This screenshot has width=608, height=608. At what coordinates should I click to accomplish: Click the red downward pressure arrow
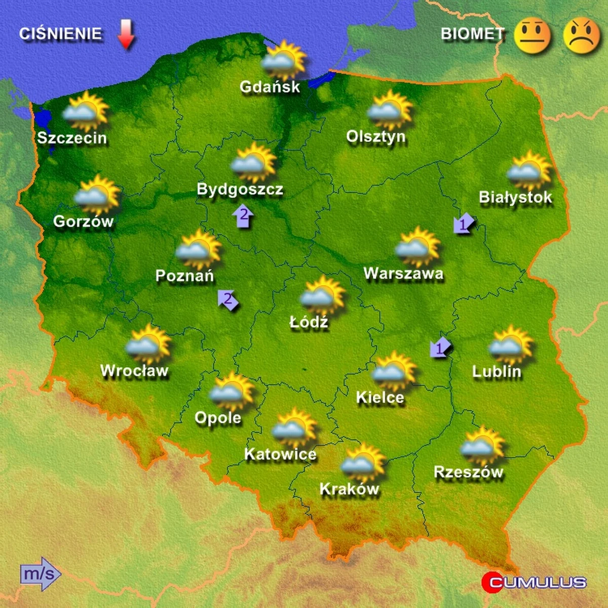tap(126, 35)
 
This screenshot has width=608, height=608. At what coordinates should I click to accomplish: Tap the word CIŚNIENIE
tap(61, 34)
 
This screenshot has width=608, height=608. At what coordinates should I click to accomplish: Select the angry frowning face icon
tap(581, 35)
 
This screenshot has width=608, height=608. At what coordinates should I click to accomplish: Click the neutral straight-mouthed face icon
tap(532, 35)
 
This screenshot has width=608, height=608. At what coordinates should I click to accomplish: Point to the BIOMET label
tap(473, 34)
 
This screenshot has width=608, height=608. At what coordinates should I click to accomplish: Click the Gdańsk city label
tap(270, 87)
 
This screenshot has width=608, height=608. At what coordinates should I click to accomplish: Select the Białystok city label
tap(515, 197)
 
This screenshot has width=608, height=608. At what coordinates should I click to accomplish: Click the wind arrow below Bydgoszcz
tap(243, 216)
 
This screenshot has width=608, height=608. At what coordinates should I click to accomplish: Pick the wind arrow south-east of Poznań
tap(228, 300)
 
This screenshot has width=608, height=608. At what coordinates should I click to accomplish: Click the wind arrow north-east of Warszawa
tap(464, 223)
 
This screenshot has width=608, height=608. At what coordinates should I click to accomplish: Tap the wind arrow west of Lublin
tap(440, 347)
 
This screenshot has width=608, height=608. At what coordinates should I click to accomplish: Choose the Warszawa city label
tap(403, 274)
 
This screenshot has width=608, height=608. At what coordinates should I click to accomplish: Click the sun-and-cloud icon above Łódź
tap(322, 295)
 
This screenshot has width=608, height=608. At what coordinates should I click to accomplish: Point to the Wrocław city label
tap(134, 371)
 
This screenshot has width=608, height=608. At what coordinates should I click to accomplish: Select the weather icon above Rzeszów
tap(482, 445)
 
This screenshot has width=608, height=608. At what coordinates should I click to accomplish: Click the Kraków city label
tap(349, 489)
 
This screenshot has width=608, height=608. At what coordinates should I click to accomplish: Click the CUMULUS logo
tap(534, 582)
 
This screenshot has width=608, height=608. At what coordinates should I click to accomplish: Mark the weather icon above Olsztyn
tap(390, 110)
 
